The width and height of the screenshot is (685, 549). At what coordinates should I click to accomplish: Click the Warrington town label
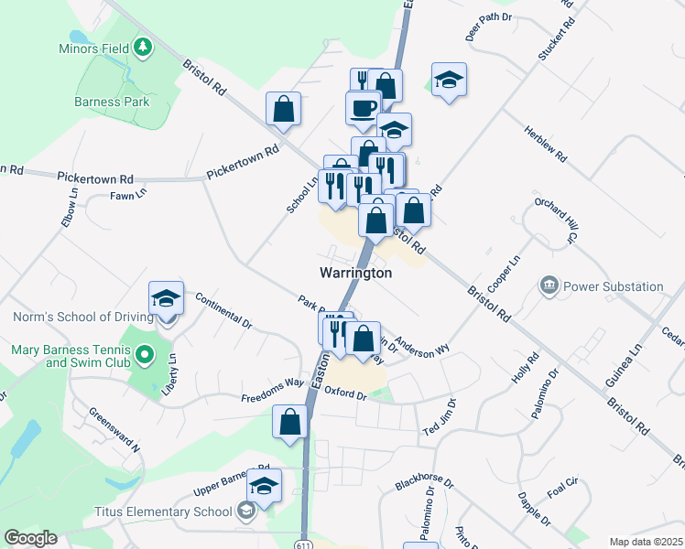point(356,273)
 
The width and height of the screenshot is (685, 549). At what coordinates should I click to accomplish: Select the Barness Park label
point(113,102)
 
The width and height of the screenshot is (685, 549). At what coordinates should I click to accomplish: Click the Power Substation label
point(613,286)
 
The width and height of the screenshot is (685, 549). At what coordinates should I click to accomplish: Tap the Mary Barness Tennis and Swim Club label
point(69,356)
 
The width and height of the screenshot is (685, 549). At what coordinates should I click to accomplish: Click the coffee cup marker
point(363,109)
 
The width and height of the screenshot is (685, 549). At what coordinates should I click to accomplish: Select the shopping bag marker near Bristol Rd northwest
point(284,109)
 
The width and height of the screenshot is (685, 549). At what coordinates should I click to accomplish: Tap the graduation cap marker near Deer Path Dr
point(449,81)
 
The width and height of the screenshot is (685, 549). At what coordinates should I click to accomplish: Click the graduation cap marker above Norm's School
point(166,297)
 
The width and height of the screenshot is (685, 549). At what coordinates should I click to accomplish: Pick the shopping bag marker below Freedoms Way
point(290,423)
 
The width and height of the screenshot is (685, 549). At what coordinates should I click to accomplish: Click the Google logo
point(30,538)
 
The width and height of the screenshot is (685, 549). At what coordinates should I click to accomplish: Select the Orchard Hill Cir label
point(557,220)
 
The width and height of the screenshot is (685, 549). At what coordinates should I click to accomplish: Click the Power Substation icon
point(549,286)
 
